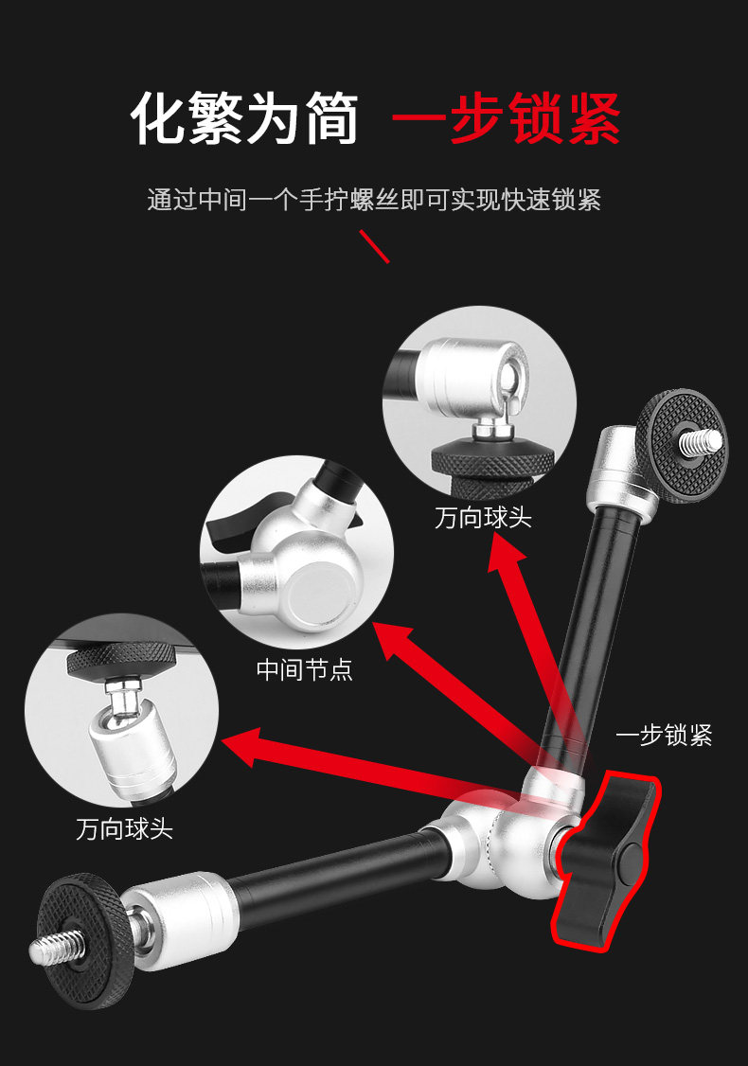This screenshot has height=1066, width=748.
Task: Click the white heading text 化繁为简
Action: [245, 118]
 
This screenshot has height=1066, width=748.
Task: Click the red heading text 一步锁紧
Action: [507, 118]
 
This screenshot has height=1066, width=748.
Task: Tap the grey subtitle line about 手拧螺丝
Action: [374, 200]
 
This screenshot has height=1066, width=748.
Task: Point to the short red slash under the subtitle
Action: [374, 246]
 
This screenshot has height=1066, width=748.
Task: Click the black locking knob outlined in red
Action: [604, 860]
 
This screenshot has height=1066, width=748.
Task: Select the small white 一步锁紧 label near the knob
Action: [664, 736]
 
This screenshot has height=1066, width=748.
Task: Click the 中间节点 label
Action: [305, 670]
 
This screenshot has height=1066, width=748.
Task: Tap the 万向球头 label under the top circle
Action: [483, 518]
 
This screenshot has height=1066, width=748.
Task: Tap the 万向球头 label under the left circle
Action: [124, 829]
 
